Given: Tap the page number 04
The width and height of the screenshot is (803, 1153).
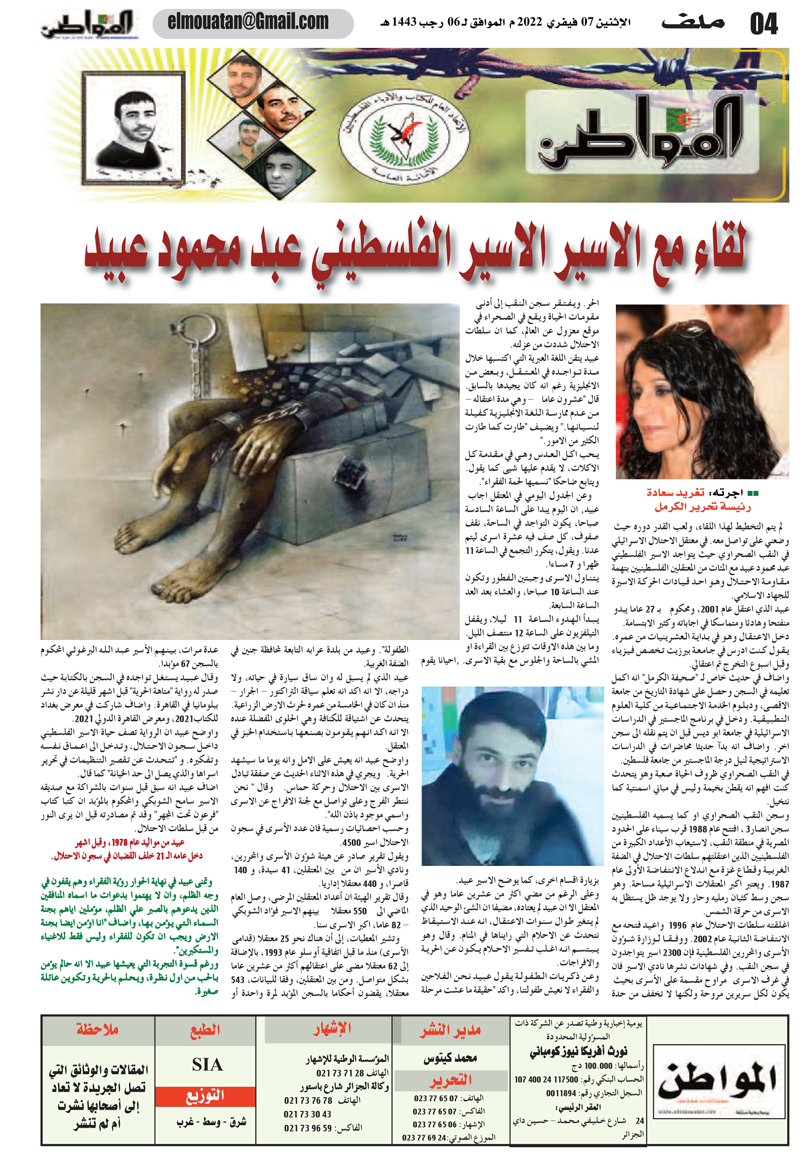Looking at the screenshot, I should [x=763, y=24].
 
